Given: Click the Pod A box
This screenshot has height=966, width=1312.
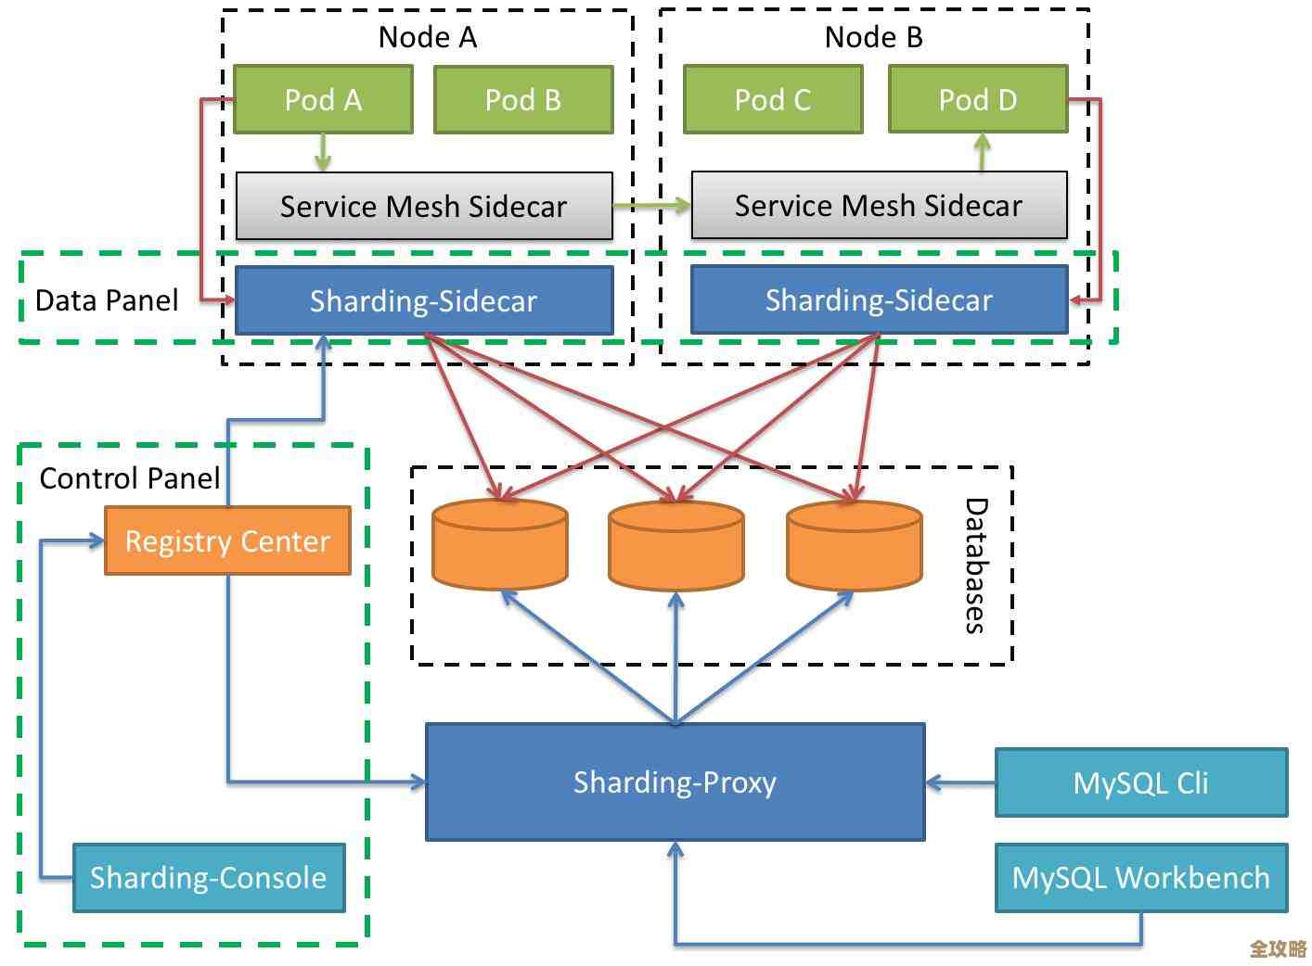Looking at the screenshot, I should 323,99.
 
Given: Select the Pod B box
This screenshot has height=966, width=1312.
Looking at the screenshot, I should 523,99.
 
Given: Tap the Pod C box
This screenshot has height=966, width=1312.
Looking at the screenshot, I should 773,99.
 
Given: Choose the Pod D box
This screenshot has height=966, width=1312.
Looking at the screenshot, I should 978,99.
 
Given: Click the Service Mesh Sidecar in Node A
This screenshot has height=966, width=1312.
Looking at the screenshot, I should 424,206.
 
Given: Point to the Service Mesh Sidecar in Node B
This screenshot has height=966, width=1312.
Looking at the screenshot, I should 879,205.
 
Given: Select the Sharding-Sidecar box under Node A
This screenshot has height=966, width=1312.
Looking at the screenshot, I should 424,300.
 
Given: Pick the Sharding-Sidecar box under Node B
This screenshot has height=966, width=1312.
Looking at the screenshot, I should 879,299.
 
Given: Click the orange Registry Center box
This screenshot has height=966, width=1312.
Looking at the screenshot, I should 227,540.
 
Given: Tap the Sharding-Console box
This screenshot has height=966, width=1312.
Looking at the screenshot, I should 209,877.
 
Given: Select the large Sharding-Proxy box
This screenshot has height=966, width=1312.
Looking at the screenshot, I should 675,782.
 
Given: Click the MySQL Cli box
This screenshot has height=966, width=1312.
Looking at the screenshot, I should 1140,782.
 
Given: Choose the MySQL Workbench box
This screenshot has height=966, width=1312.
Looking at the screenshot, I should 1140,877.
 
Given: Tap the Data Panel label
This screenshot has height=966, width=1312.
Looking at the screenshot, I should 107,300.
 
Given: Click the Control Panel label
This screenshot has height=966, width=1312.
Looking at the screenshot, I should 130,478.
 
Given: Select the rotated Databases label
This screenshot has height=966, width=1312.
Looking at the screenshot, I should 975,566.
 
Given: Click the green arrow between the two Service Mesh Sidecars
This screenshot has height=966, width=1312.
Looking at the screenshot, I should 652,205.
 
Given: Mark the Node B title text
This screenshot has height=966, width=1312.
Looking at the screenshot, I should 873,37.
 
